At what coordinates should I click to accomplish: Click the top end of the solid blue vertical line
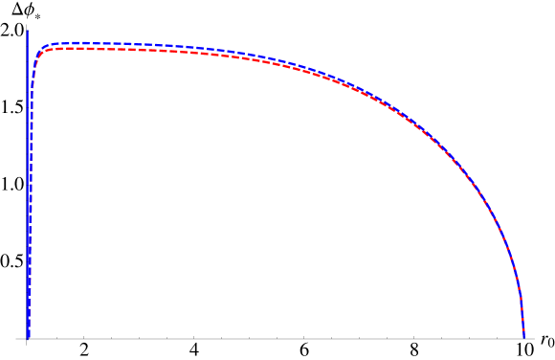coord(27,31)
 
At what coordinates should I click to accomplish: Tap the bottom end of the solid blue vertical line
coord(27,339)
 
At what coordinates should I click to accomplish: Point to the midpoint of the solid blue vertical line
coord(27,185)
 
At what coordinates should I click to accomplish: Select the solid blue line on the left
coord(27,144)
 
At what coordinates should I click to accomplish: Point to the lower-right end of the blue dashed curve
coord(524,337)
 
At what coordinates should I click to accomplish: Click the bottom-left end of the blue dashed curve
coord(29,337)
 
